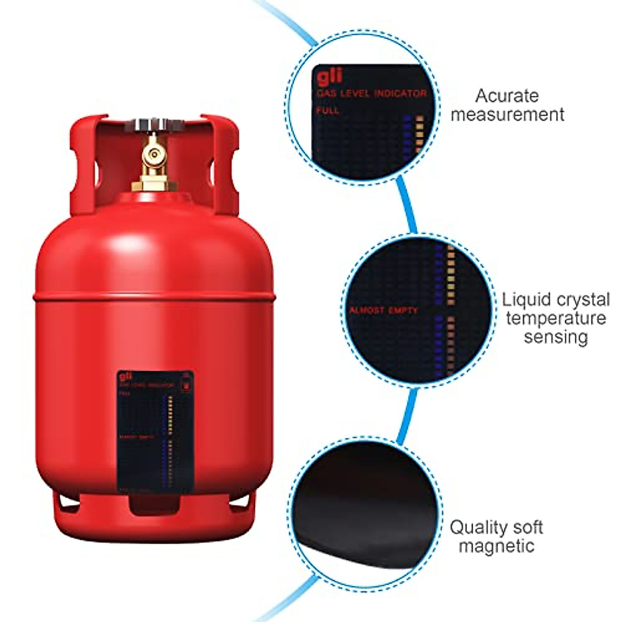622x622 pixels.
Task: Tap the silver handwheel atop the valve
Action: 151,125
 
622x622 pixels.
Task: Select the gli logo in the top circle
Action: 330,77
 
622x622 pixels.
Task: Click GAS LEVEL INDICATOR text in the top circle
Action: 371,93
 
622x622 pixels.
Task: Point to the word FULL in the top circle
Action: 328,110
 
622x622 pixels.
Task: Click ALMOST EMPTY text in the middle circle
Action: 383,310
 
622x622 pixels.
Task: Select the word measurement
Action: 507,114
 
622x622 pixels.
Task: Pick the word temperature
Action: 556,318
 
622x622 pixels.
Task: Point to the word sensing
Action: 556,336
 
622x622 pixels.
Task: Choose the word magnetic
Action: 496,546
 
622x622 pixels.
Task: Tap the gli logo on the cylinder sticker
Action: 125,377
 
